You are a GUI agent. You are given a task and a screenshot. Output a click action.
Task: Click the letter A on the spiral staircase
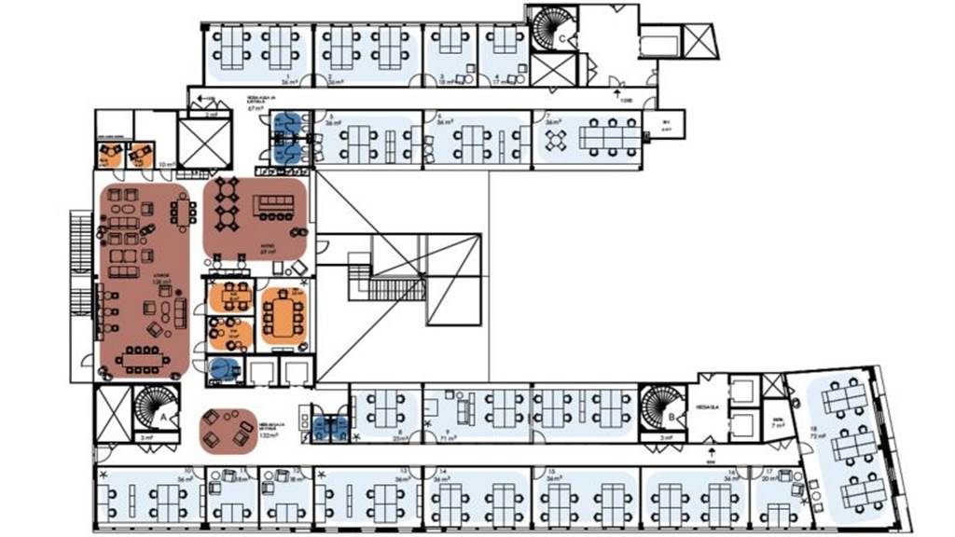coord(164,419)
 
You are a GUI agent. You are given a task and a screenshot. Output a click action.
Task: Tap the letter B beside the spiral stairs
coord(672,417)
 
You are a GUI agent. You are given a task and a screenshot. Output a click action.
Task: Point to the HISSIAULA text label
coord(705,407)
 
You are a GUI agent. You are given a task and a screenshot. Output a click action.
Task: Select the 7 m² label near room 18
coord(775,422)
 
